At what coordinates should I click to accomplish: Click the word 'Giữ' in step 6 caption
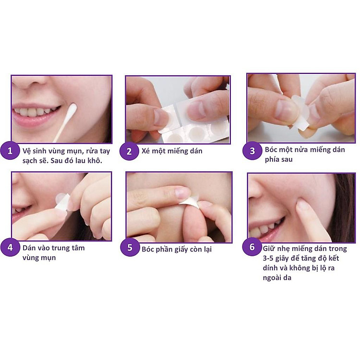pyautogui.click(x=269, y=249)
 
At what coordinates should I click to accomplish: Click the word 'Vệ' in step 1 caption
pyautogui.click(x=27, y=151)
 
